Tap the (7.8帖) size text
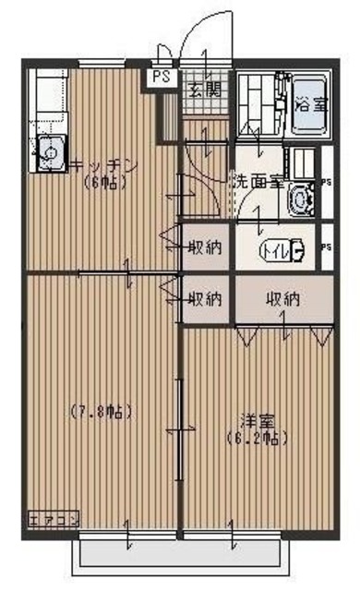point(102,411)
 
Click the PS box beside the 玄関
point(162,78)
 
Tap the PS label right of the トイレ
point(328,247)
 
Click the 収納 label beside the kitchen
point(204,247)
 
